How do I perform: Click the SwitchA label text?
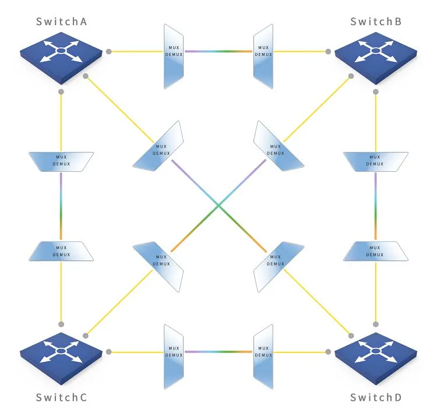pyautogui.click(x=62, y=22)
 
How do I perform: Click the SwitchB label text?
pyautogui.click(x=376, y=22)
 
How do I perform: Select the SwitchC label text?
pyautogui.click(x=62, y=398)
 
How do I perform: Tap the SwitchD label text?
pyautogui.click(x=376, y=398)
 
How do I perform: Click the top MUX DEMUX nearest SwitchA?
pyautogui.click(x=174, y=57)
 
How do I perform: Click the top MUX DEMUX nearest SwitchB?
pyautogui.click(x=263, y=57)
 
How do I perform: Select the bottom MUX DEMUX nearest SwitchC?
pyautogui.click(x=174, y=352)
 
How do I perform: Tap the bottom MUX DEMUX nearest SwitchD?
pyautogui.click(x=263, y=352)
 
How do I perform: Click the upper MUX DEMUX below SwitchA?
pyautogui.click(x=62, y=161)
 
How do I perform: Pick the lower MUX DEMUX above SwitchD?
pyautogui.click(x=375, y=251)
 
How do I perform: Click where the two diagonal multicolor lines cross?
pyautogui.click(x=218, y=205)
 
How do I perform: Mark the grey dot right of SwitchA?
pyautogui.click(x=109, y=52)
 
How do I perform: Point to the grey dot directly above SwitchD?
pyautogui.click(x=376, y=324)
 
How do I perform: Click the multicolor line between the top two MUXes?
pyautogui.click(x=218, y=51)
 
